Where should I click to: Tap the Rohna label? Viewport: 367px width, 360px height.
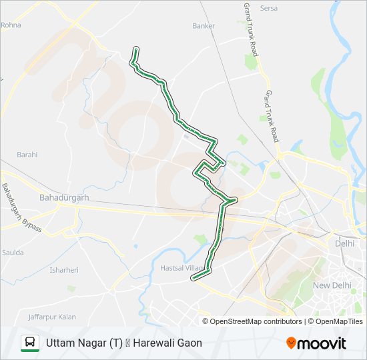[x=11, y=25]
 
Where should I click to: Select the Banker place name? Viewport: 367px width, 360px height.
[x=204, y=26]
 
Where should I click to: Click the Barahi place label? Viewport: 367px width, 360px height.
[x=27, y=155]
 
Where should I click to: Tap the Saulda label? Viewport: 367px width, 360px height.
[x=13, y=253]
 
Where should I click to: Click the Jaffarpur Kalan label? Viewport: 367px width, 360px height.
[x=52, y=317]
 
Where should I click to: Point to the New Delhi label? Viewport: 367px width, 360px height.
[x=332, y=285]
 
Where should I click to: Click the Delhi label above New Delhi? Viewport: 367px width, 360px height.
[x=344, y=243]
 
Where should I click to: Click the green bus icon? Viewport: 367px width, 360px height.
[x=30, y=343]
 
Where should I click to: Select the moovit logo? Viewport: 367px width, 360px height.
[x=316, y=343]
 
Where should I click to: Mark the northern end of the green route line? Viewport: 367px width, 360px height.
[x=136, y=49]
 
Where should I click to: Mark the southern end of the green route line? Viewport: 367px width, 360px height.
[x=194, y=279]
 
